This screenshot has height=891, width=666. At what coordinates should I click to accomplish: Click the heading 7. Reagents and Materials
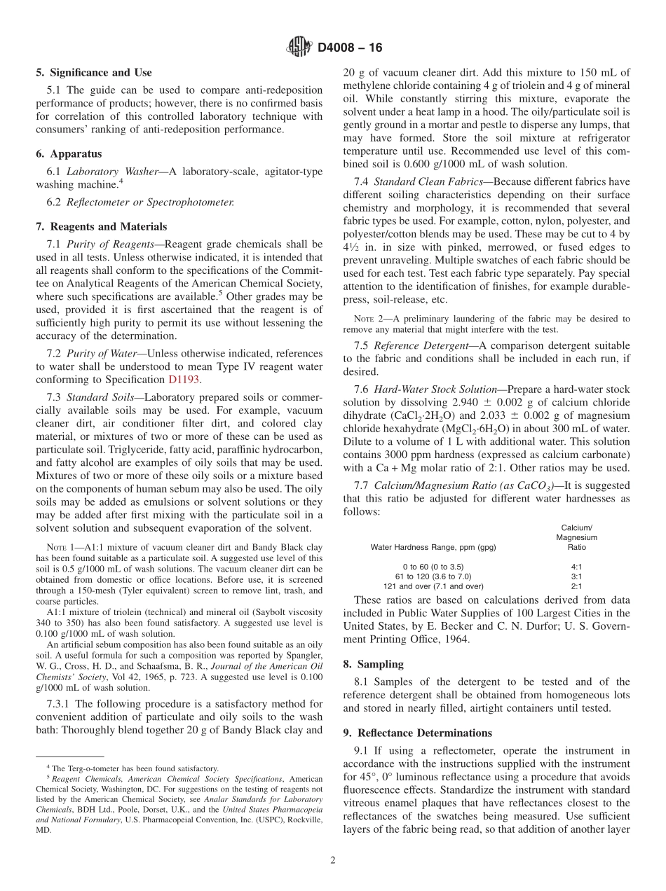click(x=102, y=226)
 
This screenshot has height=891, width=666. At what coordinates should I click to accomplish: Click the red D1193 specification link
click(x=184, y=379)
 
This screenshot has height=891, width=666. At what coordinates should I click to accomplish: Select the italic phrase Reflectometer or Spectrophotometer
click(x=149, y=202)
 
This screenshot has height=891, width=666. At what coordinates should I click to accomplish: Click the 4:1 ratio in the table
click(x=576, y=565)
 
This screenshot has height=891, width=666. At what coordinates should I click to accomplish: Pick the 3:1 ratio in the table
click(x=576, y=576)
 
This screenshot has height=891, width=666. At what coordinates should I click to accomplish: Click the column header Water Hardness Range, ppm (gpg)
click(x=433, y=547)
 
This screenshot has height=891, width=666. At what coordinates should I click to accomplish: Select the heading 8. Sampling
click(x=371, y=663)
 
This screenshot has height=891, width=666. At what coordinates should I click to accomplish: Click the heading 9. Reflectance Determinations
click(x=418, y=733)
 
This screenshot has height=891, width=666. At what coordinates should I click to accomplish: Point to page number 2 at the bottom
click(x=332, y=860)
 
